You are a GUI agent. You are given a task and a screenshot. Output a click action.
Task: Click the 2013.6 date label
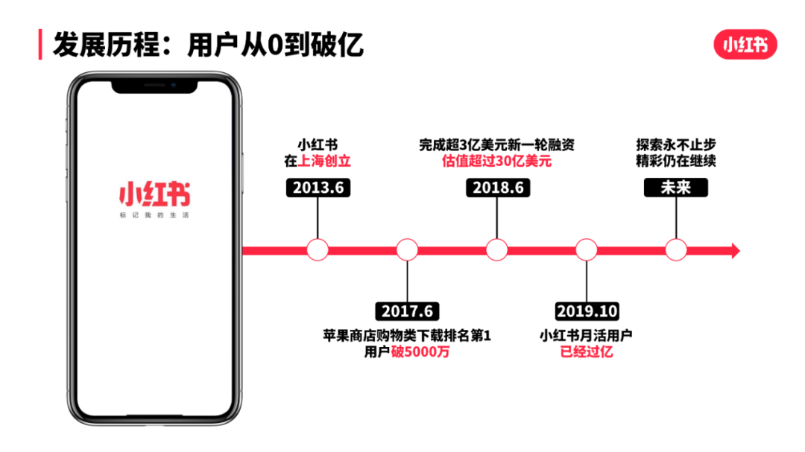tap(318, 188)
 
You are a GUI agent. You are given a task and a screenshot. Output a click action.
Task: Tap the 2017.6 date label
tap(407, 311)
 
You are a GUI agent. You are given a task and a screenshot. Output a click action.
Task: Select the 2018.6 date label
tap(497, 188)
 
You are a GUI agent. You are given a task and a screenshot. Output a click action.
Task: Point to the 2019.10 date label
tap(587, 311)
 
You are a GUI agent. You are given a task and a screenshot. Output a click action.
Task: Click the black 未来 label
tap(675, 188)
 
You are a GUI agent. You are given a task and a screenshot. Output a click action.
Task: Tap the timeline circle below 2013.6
tap(318, 250)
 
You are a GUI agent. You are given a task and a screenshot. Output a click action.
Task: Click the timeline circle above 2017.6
tap(407, 250)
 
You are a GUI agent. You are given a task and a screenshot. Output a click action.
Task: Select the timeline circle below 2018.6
tap(497, 250)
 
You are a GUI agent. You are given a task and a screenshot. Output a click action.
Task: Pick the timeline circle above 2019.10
tap(587, 250)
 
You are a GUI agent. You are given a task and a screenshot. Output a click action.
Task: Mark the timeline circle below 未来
tap(675, 250)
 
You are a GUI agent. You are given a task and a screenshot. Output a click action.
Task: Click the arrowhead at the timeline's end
tap(735, 251)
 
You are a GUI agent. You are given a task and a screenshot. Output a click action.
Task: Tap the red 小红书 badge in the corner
tap(745, 45)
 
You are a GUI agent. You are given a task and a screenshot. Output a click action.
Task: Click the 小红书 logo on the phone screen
tap(154, 195)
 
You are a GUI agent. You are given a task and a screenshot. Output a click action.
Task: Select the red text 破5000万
tap(420, 352)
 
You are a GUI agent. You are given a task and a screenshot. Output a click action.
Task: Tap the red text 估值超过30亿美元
tap(496, 161)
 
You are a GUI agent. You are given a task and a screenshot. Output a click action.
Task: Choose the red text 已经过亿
tap(587, 352)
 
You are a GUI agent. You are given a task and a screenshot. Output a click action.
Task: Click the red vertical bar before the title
tap(40, 45)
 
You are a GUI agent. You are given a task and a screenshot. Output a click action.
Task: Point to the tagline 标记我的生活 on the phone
tap(154, 216)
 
